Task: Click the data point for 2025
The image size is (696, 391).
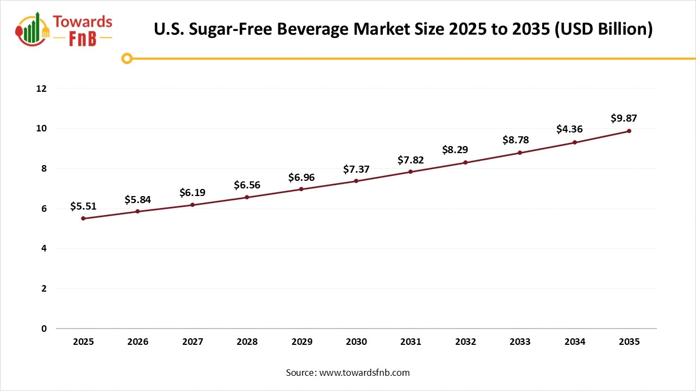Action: (83, 218)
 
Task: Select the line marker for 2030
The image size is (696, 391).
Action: (356, 181)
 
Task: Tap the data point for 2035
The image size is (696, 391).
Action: (629, 131)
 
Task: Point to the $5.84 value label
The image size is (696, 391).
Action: (138, 199)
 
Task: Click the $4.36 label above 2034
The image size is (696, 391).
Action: (569, 129)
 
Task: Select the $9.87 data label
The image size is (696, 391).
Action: (624, 118)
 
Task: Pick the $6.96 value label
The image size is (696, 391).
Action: (301, 178)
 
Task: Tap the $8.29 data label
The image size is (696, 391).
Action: (455, 150)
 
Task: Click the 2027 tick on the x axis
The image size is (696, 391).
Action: (192, 342)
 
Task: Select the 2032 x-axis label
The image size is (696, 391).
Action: (465, 342)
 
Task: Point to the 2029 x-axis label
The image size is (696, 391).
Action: (302, 342)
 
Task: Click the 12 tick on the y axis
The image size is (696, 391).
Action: (42, 89)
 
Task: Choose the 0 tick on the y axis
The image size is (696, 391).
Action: (44, 329)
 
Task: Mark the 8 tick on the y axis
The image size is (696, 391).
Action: (44, 168)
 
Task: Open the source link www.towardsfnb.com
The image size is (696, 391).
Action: (364, 373)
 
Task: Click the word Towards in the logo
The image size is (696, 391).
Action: (83, 22)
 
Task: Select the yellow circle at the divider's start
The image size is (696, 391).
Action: (127, 58)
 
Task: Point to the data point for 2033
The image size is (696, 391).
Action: (520, 153)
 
